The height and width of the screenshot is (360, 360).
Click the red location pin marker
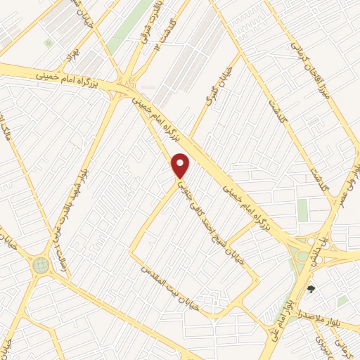click(181, 165)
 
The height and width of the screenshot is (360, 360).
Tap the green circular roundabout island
click(41, 265)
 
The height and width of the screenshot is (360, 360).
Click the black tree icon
click(311, 289)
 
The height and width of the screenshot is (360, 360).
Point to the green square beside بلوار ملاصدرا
click(342, 301)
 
